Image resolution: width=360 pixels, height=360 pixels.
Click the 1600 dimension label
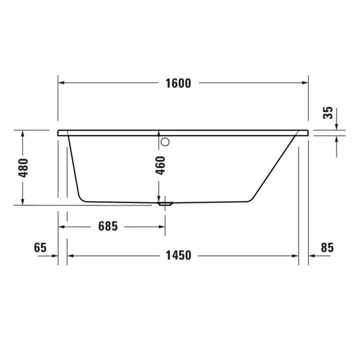pos(178,84)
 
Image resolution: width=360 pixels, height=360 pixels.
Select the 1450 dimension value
pos(178,256)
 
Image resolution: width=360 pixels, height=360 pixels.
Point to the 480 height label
pos(23,169)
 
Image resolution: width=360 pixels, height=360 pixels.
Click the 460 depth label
pos(160,164)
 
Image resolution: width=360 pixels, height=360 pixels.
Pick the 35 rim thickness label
pos(328,113)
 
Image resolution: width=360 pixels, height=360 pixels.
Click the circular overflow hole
pos(166,142)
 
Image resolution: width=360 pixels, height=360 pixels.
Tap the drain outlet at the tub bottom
pos(164,204)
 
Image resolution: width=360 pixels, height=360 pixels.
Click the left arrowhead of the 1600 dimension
pos(62,84)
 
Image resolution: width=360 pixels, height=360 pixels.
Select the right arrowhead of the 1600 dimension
pos(304,84)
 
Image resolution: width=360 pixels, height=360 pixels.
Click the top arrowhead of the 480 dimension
pos(23,136)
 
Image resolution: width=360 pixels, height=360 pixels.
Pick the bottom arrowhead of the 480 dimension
pos(23,202)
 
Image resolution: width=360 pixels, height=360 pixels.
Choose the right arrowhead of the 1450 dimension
pos(294,256)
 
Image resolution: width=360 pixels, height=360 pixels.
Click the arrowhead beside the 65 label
pos(53,256)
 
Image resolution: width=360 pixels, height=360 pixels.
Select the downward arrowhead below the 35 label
pos(337,125)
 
